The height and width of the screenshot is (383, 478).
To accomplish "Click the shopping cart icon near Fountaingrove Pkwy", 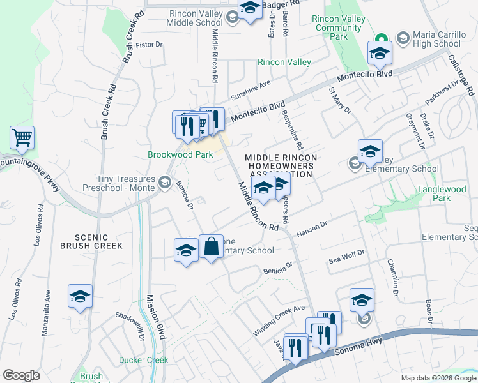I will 22,138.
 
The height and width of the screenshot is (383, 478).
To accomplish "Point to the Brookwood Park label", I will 180,154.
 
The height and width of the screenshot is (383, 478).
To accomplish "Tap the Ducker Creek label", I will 143,360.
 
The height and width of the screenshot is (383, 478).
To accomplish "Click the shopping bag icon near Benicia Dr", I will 211,246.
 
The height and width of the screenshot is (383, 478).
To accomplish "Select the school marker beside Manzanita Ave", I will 81,296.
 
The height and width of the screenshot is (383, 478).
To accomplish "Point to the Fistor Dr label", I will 150,45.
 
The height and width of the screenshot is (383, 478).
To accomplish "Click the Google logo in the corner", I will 22,375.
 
